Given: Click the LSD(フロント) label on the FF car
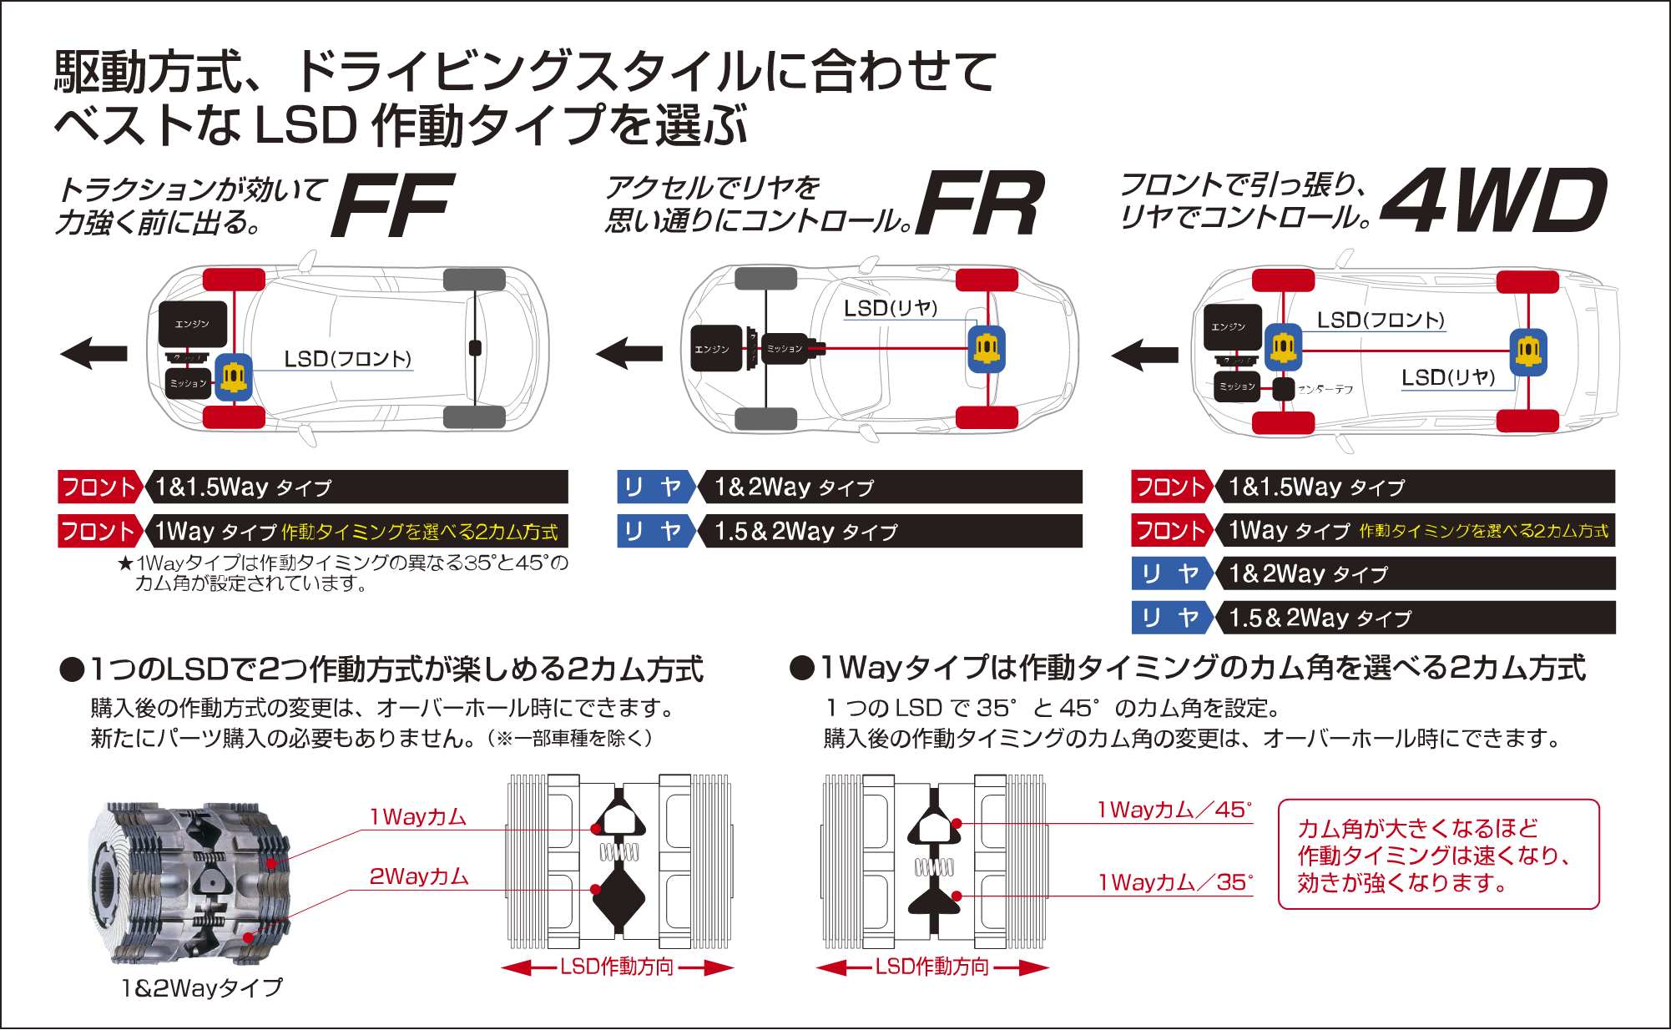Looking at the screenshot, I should tap(347, 359).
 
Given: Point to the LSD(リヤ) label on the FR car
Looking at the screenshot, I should tap(891, 308).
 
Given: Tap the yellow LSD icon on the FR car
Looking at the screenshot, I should tap(987, 348).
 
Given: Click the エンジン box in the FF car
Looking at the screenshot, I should tap(193, 324).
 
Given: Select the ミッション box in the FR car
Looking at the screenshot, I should tap(785, 349).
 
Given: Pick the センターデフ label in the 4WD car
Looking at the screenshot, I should tap(1325, 389).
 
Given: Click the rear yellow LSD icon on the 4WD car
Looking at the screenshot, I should tap(1528, 351).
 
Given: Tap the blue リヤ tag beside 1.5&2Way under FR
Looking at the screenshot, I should tap(654, 532).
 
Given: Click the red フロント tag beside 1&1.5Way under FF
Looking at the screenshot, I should tap(98, 487).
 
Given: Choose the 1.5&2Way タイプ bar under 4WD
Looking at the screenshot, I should tap(1416, 618).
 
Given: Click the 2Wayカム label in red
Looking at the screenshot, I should tap(419, 876).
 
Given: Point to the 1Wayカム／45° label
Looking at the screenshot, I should tap(1174, 810).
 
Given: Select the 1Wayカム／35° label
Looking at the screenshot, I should tap(1175, 882).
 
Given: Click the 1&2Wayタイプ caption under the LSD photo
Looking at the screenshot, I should tap(202, 988).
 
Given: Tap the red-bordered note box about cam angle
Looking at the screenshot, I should tap(1438, 855).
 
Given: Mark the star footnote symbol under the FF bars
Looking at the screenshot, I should tap(125, 563).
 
